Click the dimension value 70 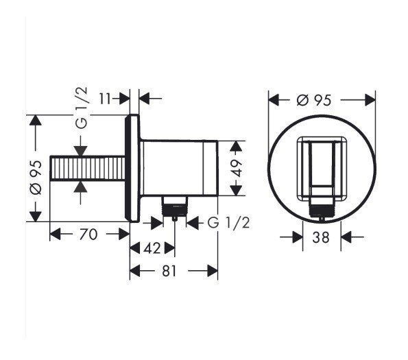(x=88, y=234)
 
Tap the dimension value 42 (x=152, y=248)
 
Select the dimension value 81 (x=169, y=271)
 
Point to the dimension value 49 (x=237, y=168)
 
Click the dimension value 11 (x=105, y=99)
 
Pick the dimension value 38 (x=321, y=237)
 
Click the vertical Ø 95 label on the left (x=36, y=178)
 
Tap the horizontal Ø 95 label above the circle (x=314, y=100)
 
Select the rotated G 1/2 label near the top (x=82, y=108)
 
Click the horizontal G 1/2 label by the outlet (x=229, y=223)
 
